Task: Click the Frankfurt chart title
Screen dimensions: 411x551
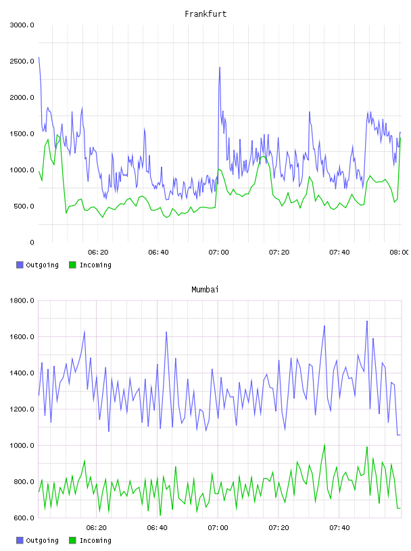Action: [x=205, y=14]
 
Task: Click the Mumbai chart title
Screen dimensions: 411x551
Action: [x=205, y=290]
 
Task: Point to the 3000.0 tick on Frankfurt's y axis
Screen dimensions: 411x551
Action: [x=22, y=25]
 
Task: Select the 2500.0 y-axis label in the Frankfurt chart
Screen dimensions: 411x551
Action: [x=22, y=61]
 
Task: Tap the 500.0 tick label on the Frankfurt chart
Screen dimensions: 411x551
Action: [x=24, y=206]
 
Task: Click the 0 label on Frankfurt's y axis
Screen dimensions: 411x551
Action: [x=32, y=242]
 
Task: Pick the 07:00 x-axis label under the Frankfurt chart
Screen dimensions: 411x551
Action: [x=218, y=253]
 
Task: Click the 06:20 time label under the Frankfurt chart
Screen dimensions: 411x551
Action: [x=98, y=253]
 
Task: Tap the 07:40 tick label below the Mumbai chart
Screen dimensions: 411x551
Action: [x=339, y=528]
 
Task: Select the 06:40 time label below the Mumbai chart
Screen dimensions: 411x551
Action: [x=158, y=528]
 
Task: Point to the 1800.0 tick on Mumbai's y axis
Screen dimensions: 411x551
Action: [x=22, y=300]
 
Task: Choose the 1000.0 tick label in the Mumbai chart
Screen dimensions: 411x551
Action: [x=22, y=446]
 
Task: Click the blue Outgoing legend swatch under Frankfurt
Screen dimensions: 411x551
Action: [x=20, y=265]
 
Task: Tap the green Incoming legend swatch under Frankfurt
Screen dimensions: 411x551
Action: [x=72, y=265]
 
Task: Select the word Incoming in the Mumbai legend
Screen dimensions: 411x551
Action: [x=95, y=541]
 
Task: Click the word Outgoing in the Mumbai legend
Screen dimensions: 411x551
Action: [x=42, y=541]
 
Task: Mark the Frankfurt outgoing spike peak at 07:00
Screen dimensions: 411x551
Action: [x=220, y=67]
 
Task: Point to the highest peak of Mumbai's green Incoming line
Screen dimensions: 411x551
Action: [x=324, y=444]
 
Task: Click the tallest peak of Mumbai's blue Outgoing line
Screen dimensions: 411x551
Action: [x=367, y=321]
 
